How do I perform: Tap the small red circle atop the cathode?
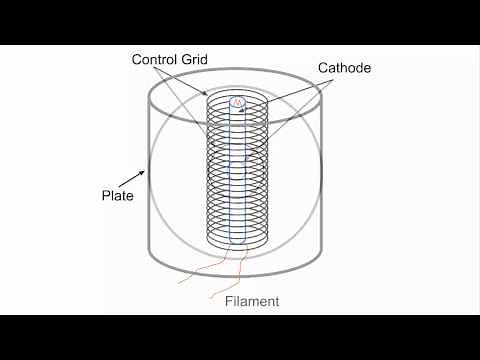coord(237,102)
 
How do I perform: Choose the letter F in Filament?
coord(227,300)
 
